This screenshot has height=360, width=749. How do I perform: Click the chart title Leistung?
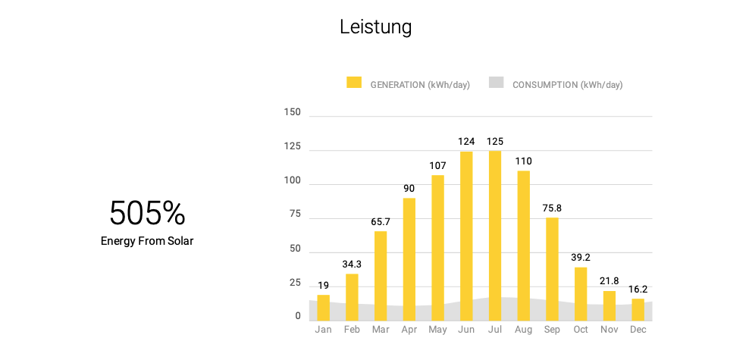point(375,27)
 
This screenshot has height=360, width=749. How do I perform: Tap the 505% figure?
point(147,214)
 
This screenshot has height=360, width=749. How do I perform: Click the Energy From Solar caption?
point(147,241)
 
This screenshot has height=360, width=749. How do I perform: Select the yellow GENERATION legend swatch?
point(354,83)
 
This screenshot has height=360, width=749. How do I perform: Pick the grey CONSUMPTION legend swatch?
point(496,83)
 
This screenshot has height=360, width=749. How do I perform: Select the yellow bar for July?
point(495,235)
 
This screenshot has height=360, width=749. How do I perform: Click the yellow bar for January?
point(324,307)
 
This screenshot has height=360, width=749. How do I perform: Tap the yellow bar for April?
point(409,258)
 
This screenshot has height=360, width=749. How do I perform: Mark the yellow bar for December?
point(638,309)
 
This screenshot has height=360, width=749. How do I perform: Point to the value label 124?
point(466,142)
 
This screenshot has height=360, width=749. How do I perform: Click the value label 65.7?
point(381,222)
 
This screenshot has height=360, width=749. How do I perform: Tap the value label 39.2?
point(581,258)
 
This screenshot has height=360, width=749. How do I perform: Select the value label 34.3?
point(352,265)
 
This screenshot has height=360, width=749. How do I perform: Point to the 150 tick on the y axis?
point(292,113)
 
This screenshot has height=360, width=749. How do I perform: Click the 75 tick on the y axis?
point(295,214)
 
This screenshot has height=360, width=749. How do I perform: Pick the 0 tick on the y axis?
point(298,316)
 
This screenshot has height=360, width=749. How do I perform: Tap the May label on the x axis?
point(437,330)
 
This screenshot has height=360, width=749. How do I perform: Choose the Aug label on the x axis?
point(523,330)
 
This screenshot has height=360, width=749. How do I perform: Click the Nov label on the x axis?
point(609,330)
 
